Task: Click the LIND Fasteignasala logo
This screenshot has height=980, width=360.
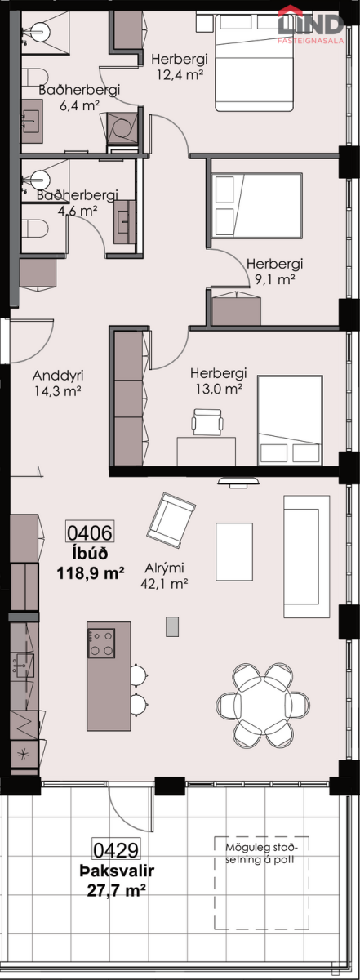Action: click(x=311, y=25)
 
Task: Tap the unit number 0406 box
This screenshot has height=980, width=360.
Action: click(x=90, y=532)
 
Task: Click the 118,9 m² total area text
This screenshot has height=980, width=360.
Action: click(x=90, y=572)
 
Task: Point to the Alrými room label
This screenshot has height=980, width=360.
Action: click(x=164, y=568)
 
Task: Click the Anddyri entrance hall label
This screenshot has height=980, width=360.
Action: click(x=58, y=376)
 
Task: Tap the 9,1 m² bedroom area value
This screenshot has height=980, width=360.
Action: click(x=274, y=279)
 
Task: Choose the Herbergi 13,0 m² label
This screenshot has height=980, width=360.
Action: click(x=219, y=381)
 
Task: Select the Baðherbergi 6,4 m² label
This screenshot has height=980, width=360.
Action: click(x=79, y=97)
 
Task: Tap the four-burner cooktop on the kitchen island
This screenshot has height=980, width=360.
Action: click(x=101, y=644)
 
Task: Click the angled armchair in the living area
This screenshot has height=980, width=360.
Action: click(x=171, y=520)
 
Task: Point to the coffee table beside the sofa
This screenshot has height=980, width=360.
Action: click(x=234, y=551)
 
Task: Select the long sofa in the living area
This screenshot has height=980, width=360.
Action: click(x=307, y=555)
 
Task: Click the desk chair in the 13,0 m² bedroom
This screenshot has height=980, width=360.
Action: click(x=207, y=422)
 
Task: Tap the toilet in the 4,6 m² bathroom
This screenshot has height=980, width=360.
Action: click(x=36, y=229)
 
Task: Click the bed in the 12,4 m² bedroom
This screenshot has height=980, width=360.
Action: click(x=254, y=63)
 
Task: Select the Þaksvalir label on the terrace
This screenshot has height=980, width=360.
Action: click(x=117, y=871)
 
